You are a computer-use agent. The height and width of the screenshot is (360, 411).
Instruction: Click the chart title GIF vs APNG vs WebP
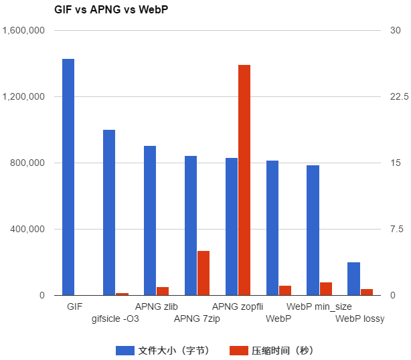(x=110, y=11)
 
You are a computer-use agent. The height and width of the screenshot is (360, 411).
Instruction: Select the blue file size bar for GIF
(x=68, y=177)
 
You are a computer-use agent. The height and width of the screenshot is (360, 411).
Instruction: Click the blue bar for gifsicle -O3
(x=109, y=213)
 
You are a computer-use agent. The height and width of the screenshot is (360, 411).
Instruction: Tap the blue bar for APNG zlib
(x=150, y=221)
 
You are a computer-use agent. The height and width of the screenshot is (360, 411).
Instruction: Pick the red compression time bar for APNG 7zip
(x=203, y=273)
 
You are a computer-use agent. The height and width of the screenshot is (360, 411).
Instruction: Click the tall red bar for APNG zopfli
(x=244, y=180)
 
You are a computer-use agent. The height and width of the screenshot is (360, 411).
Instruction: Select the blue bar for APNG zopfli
(x=232, y=227)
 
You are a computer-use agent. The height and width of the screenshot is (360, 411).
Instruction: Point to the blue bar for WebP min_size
(x=313, y=230)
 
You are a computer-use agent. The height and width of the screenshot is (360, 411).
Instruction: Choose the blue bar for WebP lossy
(x=353, y=279)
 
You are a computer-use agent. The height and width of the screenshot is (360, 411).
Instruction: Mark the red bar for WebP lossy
(x=367, y=292)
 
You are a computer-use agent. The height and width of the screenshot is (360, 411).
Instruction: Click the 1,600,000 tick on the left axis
(x=23, y=31)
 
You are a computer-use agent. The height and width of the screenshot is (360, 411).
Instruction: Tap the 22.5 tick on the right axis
(x=399, y=97)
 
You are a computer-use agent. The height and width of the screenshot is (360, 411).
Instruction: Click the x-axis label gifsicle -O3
(x=115, y=319)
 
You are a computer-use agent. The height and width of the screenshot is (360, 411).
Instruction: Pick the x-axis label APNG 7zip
(x=197, y=319)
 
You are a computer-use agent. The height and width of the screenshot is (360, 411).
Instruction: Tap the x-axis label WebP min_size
(x=319, y=306)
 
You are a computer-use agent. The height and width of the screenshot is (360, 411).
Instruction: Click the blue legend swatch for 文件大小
(x=125, y=350)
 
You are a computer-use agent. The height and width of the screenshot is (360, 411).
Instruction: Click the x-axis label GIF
(x=74, y=306)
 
